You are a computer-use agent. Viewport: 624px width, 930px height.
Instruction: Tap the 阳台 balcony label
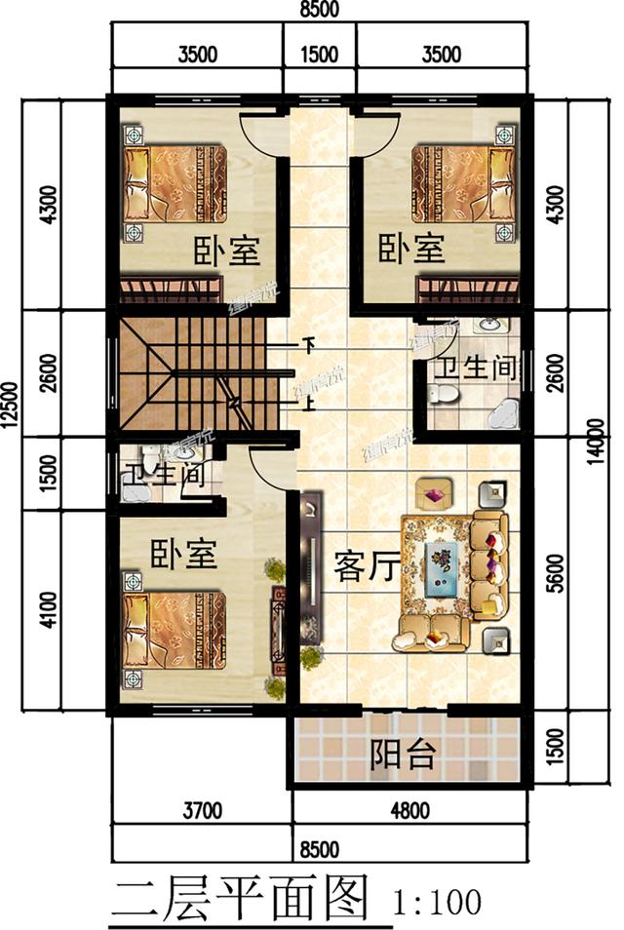tap(403, 754)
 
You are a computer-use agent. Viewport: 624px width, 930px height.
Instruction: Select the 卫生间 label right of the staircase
tap(474, 368)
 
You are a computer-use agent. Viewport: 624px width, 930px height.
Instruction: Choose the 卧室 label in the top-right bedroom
tap(410, 250)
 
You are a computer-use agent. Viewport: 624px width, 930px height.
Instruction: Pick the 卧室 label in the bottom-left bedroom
tap(183, 555)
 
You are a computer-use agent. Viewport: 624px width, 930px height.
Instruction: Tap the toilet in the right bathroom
tap(442, 395)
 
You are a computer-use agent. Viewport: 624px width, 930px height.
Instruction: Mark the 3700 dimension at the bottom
tap(203, 808)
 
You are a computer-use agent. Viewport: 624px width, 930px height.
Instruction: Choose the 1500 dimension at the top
tap(318, 55)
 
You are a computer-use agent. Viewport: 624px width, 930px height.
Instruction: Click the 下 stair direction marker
tap(310, 344)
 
